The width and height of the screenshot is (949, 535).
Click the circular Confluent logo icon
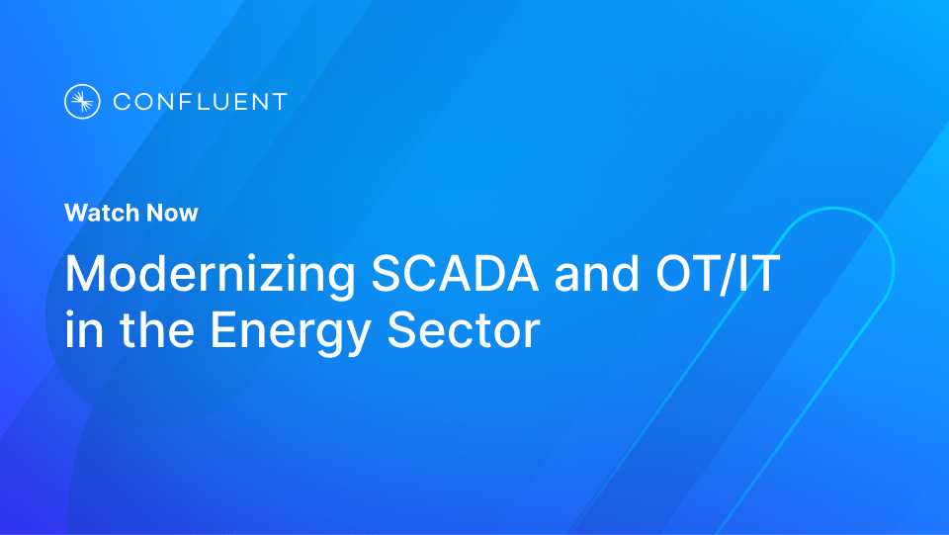click(82, 101)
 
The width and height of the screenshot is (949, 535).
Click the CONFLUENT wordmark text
click(200, 101)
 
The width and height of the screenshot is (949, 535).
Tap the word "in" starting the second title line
click(80, 330)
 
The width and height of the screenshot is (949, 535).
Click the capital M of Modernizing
click(85, 274)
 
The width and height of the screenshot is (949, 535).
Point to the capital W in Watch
click(75, 213)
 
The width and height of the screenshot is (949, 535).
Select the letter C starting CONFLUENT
click(122, 101)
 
